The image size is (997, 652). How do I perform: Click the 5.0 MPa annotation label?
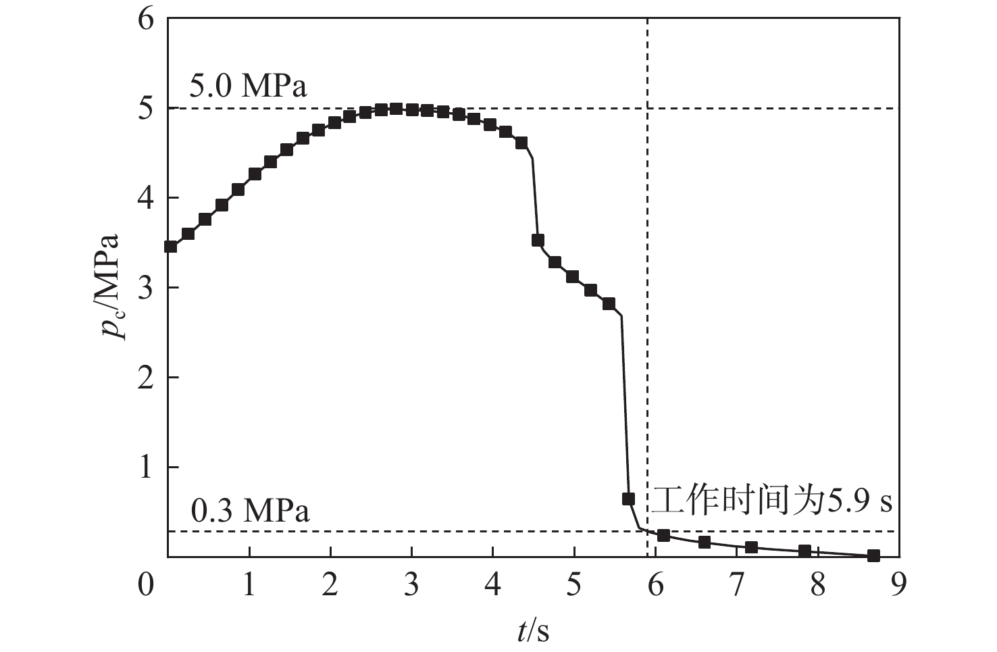tap(249, 86)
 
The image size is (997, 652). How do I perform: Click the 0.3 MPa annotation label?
tap(250, 511)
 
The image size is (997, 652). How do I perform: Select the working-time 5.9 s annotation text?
tap(771, 501)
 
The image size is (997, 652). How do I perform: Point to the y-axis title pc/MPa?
tap(109, 288)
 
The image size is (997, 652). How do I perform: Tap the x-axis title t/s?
tap(533, 631)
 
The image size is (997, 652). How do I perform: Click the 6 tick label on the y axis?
tap(147, 19)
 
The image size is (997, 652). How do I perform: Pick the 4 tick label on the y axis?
tap(147, 198)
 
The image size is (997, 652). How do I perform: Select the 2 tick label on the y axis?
tap(147, 377)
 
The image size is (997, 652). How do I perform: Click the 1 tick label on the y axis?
tap(147, 468)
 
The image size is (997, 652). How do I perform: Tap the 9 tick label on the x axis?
tap(898, 585)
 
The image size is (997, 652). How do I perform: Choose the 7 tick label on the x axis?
tap(736, 585)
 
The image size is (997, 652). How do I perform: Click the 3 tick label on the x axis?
tap(411, 585)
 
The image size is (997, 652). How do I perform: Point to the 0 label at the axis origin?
tap(147, 585)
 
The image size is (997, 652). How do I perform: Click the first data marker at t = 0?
tap(171, 247)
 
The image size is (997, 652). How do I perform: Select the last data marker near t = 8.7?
tap(873, 555)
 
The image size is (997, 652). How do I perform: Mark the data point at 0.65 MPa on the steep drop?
tap(628, 499)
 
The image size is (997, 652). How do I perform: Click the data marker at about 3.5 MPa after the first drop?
tap(538, 240)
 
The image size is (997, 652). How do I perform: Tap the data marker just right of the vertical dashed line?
tap(663, 535)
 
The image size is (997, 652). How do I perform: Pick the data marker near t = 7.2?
tap(751, 547)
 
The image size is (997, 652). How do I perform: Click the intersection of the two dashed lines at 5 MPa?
tap(648, 108)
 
